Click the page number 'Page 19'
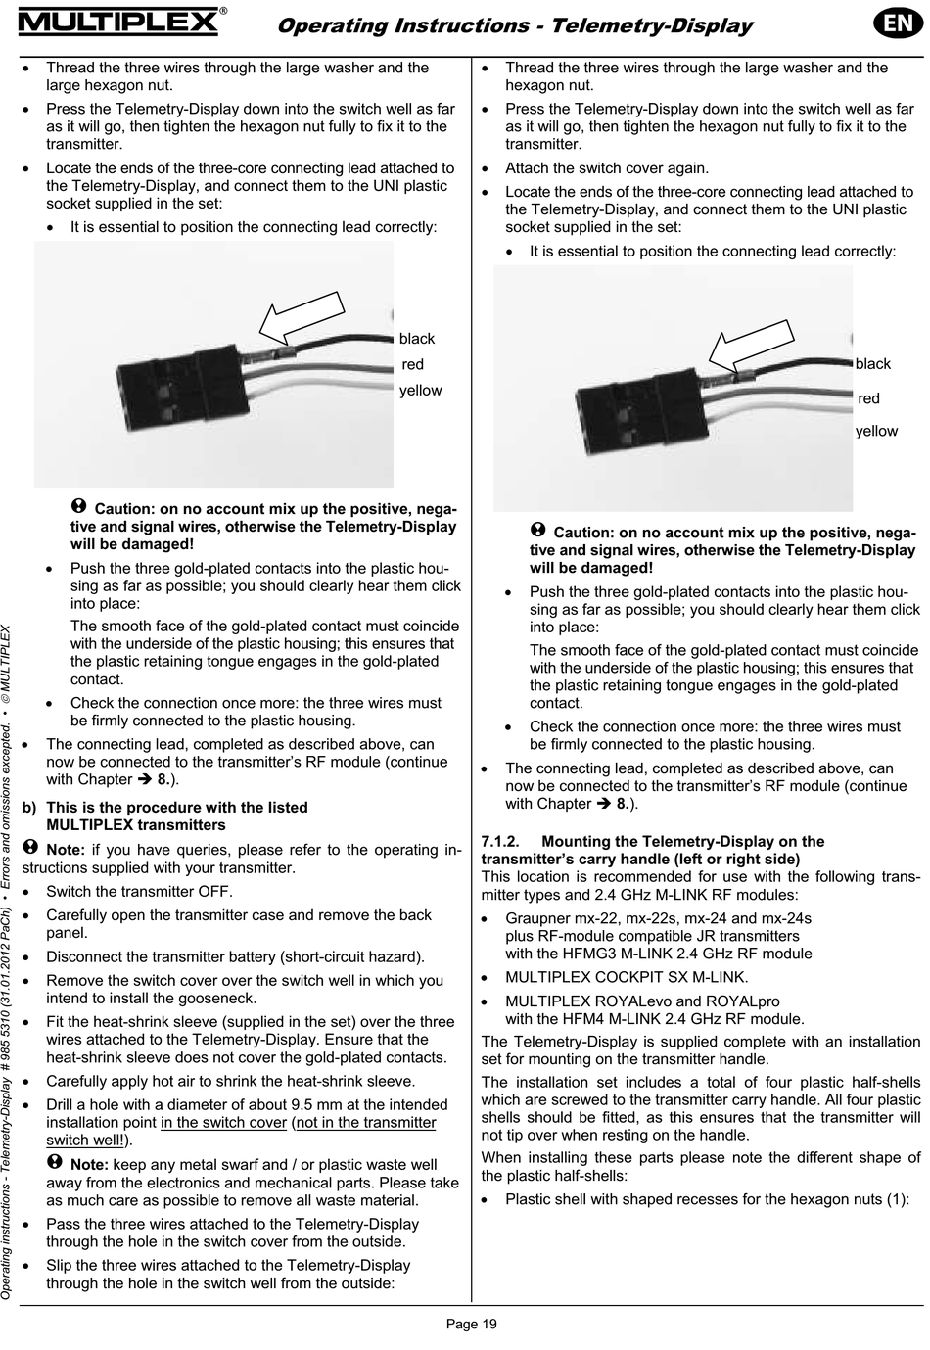tap(472, 1325)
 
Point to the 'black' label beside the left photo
tap(417, 339)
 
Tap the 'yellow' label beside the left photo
tap(421, 391)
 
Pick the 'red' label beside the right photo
tap(868, 398)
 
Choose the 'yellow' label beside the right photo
tap(876, 431)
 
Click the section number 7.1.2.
tap(504, 842)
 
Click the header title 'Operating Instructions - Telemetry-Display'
tap(515, 26)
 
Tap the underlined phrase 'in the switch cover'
tap(224, 1123)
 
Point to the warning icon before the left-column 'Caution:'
tap(80, 506)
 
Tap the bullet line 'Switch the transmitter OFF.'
tap(140, 892)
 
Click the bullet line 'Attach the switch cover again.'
tap(607, 168)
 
